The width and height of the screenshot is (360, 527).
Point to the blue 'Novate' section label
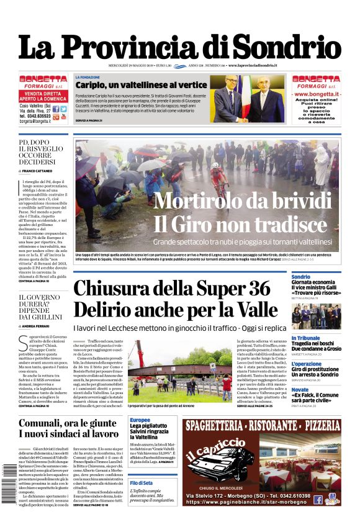[x=300, y=389]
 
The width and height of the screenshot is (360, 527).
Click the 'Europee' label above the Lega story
[x=140, y=420]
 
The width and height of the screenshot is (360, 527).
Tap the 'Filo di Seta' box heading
[x=141, y=483]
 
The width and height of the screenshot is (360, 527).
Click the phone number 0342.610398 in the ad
[x=300, y=495]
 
